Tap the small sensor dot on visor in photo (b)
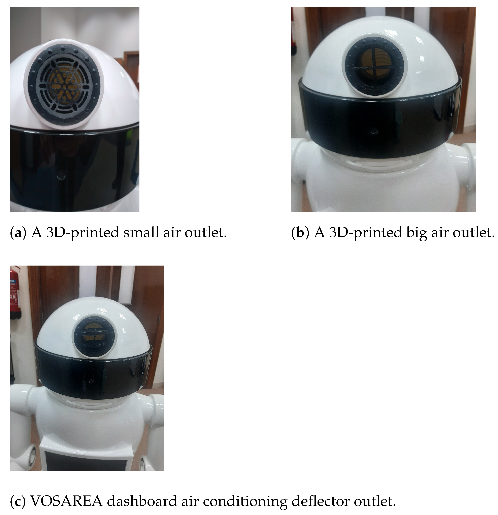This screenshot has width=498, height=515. pyautogui.click(x=373, y=130)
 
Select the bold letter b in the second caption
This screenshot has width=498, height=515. pyautogui.click(x=299, y=232)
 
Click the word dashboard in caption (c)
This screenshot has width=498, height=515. pyautogui.click(x=135, y=502)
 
